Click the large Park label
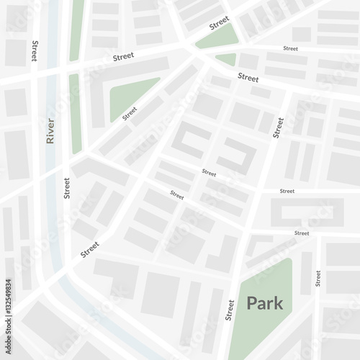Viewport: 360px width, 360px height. (x=265, y=303)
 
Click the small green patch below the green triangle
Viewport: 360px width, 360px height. (x=226, y=58)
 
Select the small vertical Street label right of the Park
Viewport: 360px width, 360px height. (x=318, y=278)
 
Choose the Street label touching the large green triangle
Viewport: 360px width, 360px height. (x=220, y=22)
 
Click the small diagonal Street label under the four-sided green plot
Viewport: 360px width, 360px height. (x=130, y=114)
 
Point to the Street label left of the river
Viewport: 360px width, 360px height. (x=34, y=51)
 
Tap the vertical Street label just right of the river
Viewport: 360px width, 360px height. (x=67, y=187)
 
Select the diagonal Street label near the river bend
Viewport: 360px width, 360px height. (x=90, y=249)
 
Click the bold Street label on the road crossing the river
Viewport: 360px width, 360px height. (x=123, y=55)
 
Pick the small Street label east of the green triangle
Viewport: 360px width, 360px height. (x=290, y=48)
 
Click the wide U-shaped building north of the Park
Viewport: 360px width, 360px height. (x=306, y=212)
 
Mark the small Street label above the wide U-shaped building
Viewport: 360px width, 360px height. (x=287, y=191)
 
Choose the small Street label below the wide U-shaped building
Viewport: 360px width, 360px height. (x=302, y=233)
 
